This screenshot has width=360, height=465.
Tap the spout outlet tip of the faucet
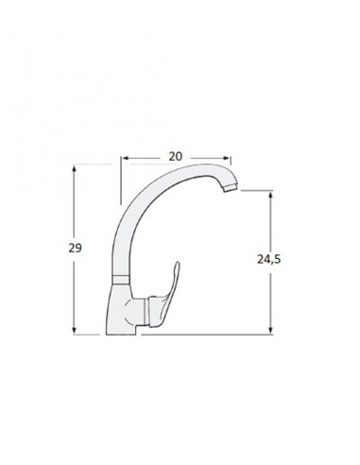(x=227, y=191)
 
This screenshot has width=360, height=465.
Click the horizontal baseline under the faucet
(x=189, y=334)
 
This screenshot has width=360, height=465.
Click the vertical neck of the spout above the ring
(x=117, y=246)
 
